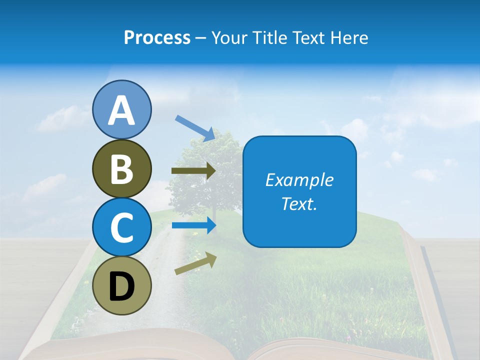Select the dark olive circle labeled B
122,168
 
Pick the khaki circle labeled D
122,285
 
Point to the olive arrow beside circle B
193,171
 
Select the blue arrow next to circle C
193,225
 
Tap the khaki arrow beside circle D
195,264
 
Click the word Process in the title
157,37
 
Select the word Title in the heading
266,37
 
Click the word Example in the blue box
299,180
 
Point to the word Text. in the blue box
299,203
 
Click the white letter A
122,110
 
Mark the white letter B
122,169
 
